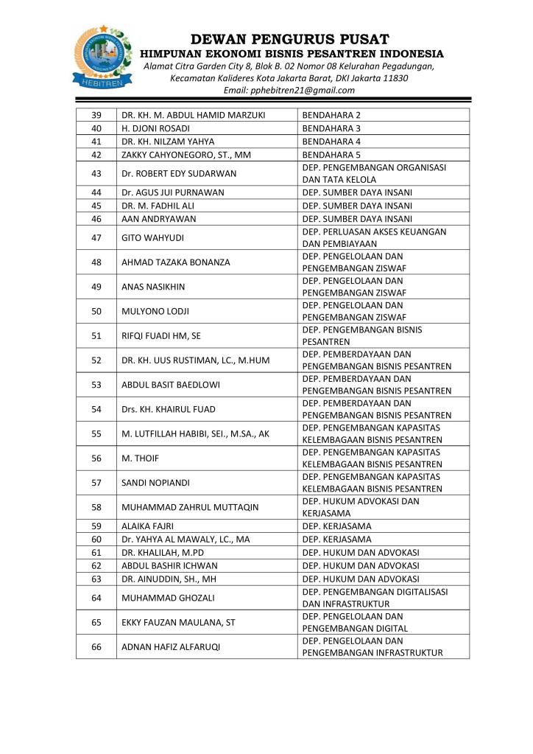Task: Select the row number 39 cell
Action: pyautogui.click(x=96, y=115)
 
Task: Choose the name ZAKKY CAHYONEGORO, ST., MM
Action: pyautogui.click(x=181, y=153)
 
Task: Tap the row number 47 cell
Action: pyautogui.click(x=96, y=237)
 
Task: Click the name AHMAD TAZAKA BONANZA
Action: pyautogui.click(x=176, y=262)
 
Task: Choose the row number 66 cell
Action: pyautogui.click(x=96, y=646)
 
